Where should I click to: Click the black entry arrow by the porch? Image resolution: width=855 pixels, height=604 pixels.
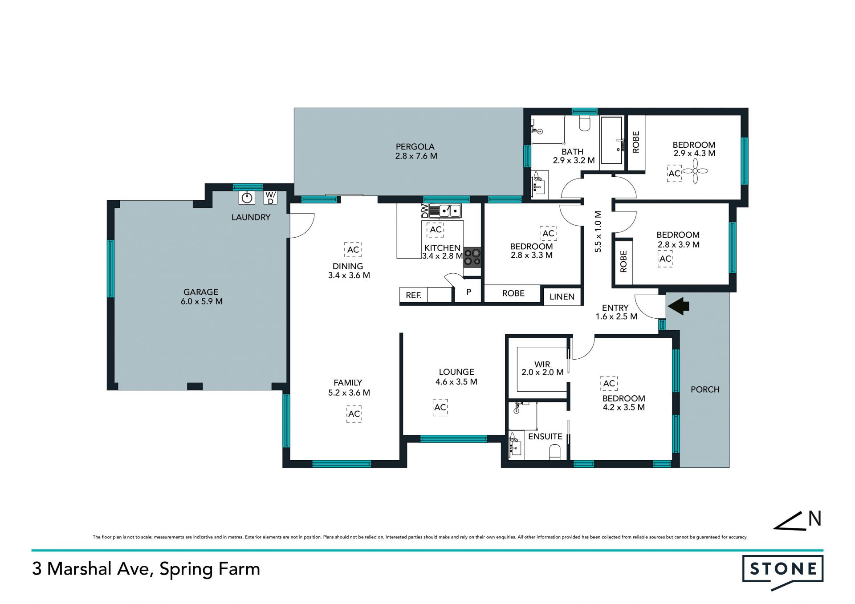click(x=678, y=306)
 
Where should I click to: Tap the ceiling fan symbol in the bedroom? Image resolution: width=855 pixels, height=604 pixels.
click(x=695, y=171)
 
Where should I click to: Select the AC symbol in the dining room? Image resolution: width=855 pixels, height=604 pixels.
click(x=353, y=250)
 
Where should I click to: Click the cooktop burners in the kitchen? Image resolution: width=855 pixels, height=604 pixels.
click(x=472, y=257)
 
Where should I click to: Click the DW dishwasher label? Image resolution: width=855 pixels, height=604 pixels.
click(x=425, y=211)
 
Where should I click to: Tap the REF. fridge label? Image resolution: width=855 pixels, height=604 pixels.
click(x=414, y=295)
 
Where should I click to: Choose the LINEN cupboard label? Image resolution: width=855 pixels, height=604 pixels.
click(x=562, y=297)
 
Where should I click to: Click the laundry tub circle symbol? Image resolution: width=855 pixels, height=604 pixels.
click(x=247, y=197)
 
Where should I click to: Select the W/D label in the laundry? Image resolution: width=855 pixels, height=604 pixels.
click(x=270, y=198)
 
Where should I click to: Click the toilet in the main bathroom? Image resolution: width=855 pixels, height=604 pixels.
click(x=585, y=123)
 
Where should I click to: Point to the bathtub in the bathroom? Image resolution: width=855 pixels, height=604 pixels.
click(x=611, y=140)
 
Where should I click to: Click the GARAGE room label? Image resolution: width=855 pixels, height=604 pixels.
click(x=201, y=292)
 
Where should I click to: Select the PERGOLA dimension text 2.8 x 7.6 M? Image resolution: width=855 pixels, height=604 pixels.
click(x=416, y=156)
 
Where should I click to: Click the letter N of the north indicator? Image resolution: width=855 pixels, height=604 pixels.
click(x=815, y=519)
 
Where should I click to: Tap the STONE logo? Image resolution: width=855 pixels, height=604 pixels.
click(x=783, y=572)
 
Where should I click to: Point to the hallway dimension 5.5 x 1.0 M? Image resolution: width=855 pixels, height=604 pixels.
click(x=598, y=231)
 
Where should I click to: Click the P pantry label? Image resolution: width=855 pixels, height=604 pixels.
click(x=468, y=292)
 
